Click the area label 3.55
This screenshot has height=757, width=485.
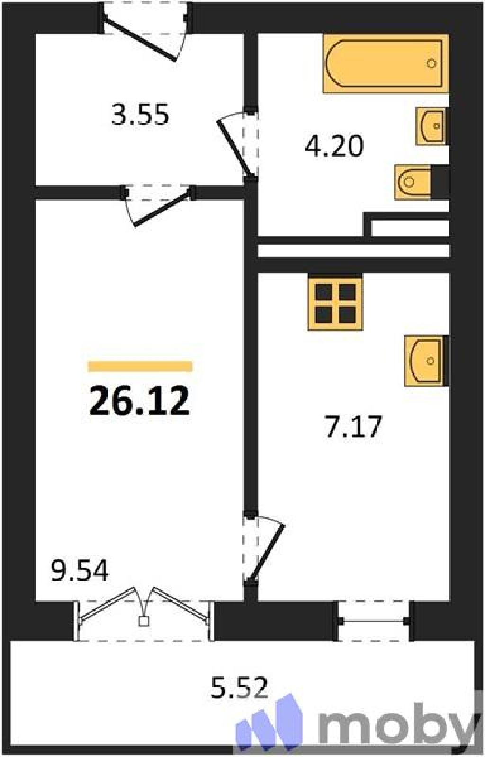click(140, 115)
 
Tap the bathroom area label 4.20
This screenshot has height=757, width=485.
click(334, 146)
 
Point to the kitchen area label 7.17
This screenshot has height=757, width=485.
click(354, 426)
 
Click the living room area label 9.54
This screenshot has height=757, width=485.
click(80, 571)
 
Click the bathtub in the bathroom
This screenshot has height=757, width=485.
click(386, 63)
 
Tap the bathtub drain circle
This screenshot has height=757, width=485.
click(431, 63)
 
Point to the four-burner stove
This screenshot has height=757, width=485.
click(335, 301)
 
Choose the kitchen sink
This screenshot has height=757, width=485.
click(426, 361)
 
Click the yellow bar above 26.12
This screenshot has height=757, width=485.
click(140, 366)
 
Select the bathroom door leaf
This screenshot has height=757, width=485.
click(234, 149)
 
